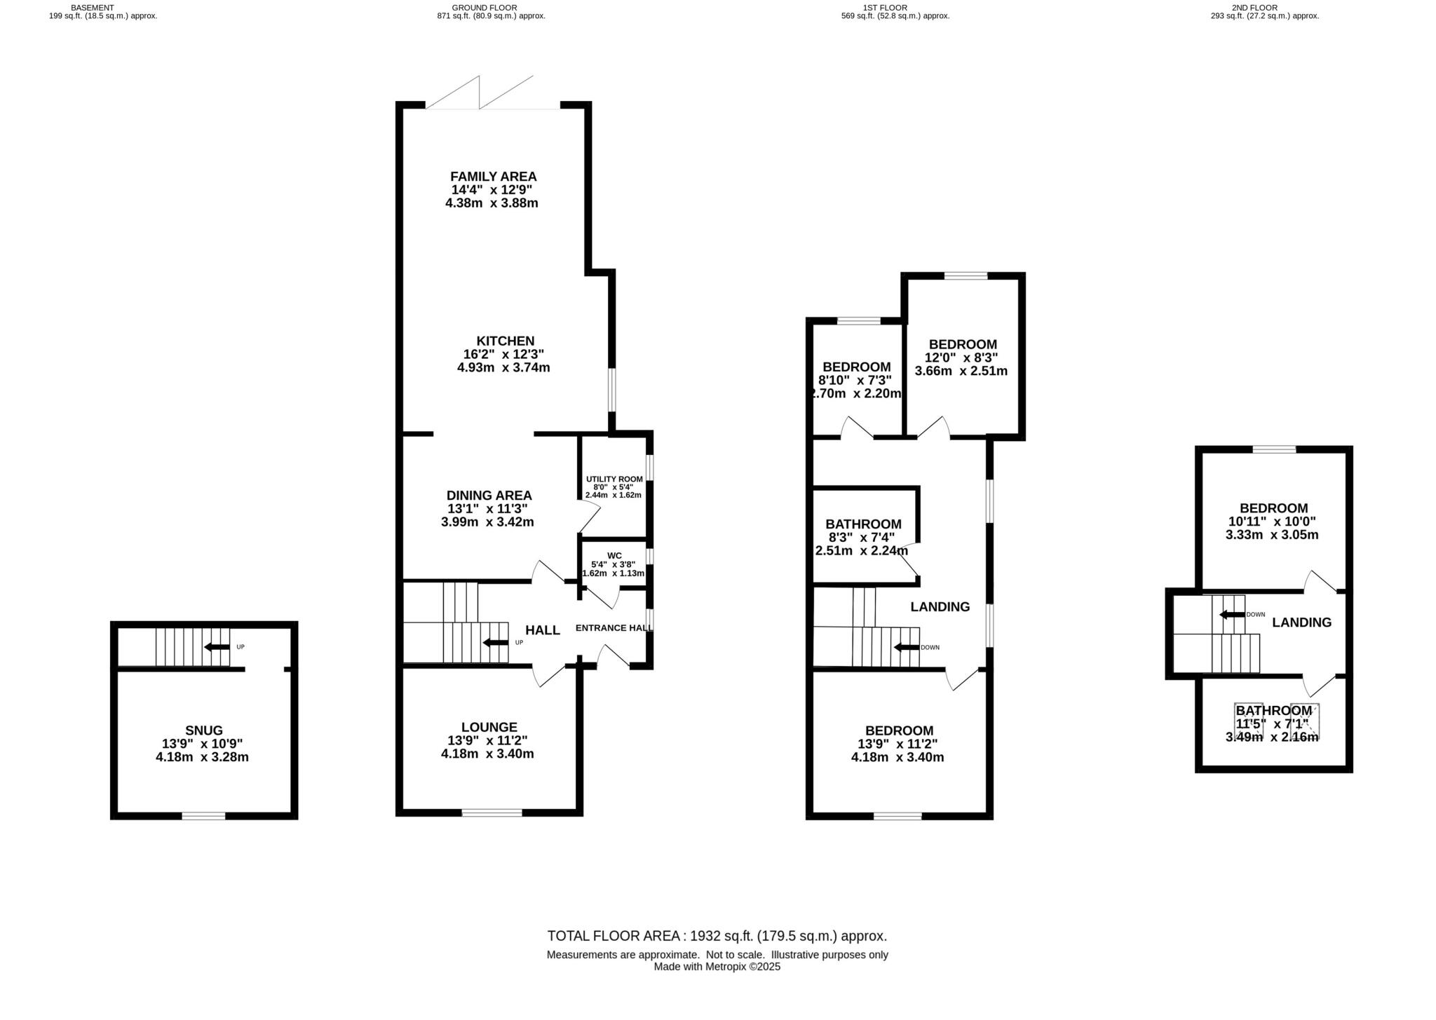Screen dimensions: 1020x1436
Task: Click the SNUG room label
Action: [x=203, y=730]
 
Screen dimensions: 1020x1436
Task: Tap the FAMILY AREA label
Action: [x=493, y=177]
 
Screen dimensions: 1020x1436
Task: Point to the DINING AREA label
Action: [x=489, y=496]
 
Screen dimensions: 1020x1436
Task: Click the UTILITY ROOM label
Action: [x=614, y=479]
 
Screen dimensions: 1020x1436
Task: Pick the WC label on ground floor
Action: [x=614, y=556]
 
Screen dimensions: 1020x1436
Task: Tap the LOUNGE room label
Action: [x=489, y=728]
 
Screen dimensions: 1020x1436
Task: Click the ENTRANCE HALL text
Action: [x=614, y=628]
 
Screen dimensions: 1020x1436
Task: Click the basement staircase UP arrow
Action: [x=217, y=647]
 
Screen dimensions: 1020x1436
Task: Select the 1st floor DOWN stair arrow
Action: [x=906, y=648]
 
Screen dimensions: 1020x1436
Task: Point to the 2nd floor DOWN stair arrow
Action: [x=1231, y=615]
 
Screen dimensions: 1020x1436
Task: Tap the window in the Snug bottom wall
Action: [x=203, y=815]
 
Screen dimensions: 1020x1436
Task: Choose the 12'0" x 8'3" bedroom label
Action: [x=963, y=344]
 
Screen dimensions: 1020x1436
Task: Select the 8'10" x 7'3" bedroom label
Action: [x=856, y=367]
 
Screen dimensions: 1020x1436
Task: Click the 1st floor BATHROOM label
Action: [x=863, y=524]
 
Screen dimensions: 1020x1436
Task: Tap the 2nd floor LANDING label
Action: [x=1301, y=623]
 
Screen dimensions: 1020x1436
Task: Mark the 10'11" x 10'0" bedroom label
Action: [x=1273, y=508]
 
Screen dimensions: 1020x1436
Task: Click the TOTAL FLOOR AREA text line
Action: [x=717, y=936]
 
